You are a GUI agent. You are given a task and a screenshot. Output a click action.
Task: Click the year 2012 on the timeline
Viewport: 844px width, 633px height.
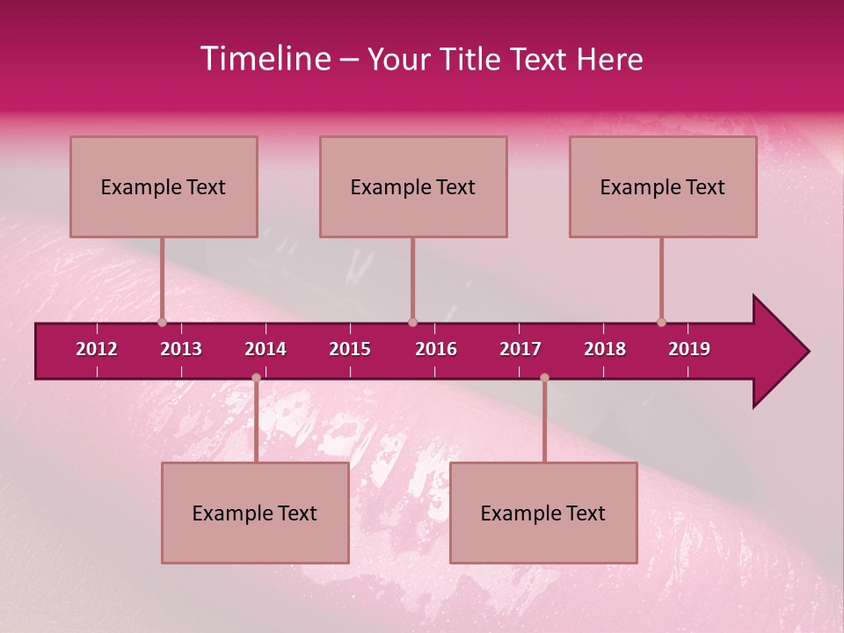click(x=97, y=349)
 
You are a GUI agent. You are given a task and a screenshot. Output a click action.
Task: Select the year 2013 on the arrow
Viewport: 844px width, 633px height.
click(x=181, y=349)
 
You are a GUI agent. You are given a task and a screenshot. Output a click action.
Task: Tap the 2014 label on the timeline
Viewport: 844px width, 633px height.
click(x=266, y=349)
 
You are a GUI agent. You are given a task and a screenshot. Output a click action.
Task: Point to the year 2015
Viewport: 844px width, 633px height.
click(x=350, y=349)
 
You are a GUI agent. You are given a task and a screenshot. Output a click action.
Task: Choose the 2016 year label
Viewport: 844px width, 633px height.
click(x=436, y=349)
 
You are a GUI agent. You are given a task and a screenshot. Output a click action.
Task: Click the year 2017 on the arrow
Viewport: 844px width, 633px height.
click(x=520, y=349)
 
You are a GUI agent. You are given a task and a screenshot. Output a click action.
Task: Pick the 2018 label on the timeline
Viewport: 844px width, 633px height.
click(x=605, y=349)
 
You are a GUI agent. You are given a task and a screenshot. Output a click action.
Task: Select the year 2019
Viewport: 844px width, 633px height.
click(x=689, y=349)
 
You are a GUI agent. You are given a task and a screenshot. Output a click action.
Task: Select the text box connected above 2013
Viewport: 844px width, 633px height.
click(x=164, y=186)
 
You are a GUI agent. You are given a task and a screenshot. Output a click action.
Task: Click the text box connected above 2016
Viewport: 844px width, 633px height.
click(x=413, y=186)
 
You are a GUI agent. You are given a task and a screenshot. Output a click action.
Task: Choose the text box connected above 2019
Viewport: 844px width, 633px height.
click(x=663, y=186)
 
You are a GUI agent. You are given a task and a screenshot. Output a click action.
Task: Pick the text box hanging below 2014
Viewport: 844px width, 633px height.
click(x=255, y=513)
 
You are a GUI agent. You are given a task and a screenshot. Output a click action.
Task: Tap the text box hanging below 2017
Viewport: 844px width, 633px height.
click(x=543, y=513)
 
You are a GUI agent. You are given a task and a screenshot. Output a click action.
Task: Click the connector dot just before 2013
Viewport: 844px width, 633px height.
click(x=162, y=322)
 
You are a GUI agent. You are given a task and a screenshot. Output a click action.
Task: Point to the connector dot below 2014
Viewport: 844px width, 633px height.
click(x=256, y=377)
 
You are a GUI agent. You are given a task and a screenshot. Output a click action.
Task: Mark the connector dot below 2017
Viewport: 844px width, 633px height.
click(x=544, y=377)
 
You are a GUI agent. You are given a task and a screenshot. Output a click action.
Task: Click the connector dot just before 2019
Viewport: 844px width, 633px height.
click(x=661, y=322)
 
